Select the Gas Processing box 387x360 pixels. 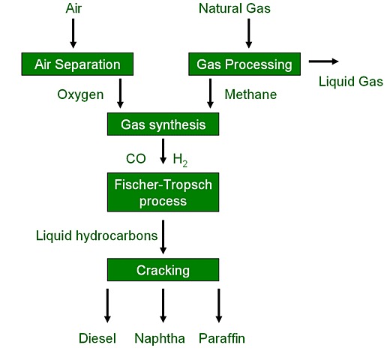point(244,64)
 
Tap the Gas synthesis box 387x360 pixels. point(163,124)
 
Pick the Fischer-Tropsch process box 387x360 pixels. point(163,193)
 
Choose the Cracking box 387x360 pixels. point(163,270)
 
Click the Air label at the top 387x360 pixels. point(73,8)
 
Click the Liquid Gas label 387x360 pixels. point(350,82)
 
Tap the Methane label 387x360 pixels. point(250,94)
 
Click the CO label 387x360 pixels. point(136,158)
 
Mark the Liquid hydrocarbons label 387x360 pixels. point(97,235)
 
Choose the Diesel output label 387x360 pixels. point(97,338)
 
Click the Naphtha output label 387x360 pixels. point(160,338)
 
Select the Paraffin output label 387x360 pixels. point(222,338)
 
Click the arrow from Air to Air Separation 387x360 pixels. point(73,33)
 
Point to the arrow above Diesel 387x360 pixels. point(106,304)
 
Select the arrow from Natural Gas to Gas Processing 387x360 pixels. point(249,33)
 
